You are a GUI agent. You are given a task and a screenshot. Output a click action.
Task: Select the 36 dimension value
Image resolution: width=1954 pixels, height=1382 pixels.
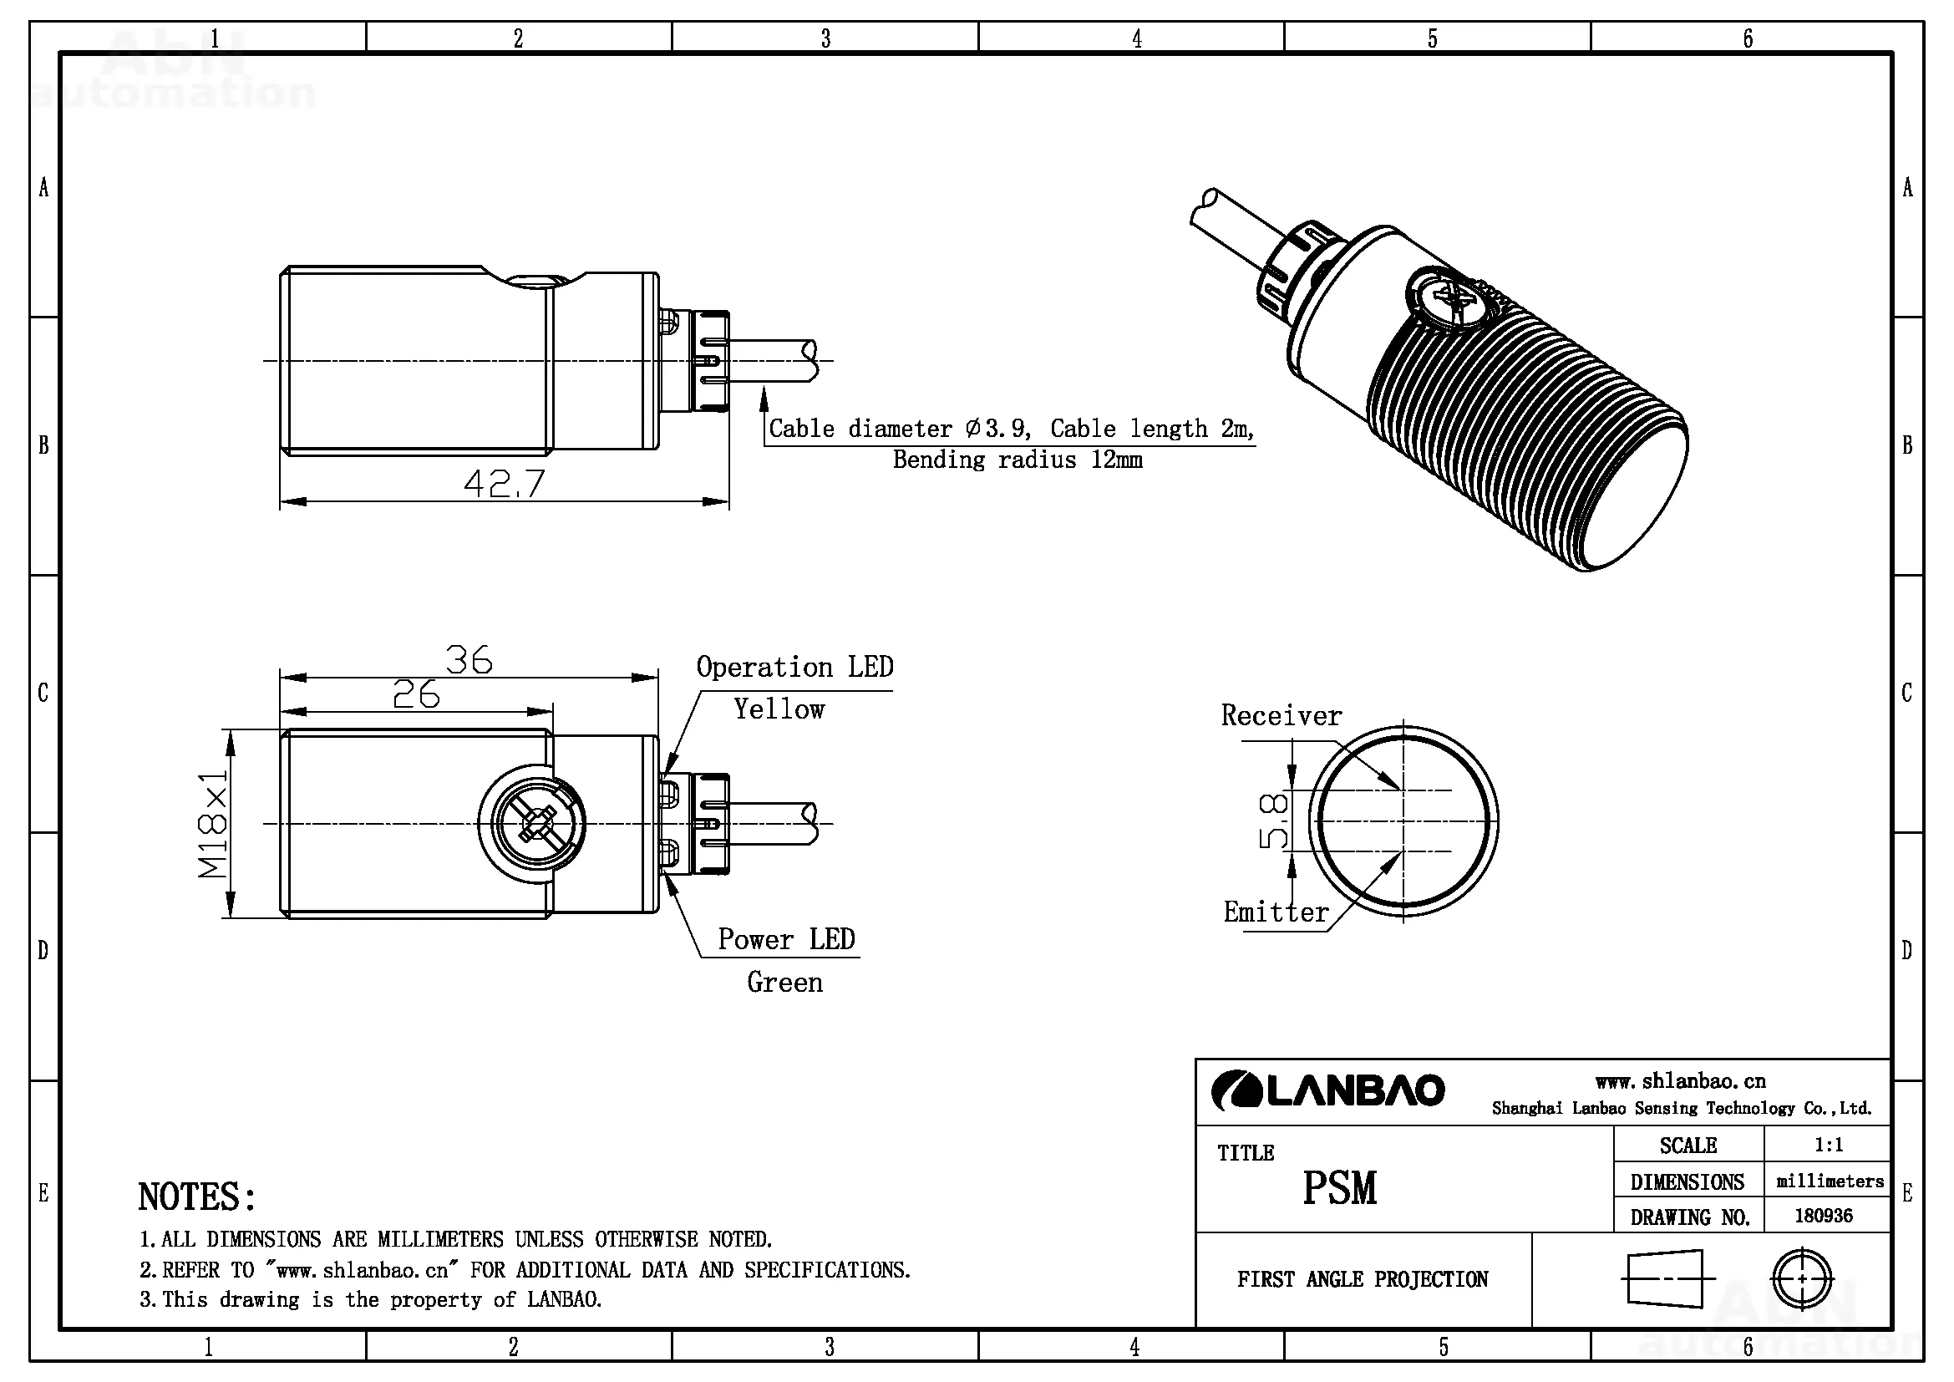pos(469,660)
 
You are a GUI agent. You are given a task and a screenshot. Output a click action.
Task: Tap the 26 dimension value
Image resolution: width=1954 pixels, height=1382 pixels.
pos(416,695)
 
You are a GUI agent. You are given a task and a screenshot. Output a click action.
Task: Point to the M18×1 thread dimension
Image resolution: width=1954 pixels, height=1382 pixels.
pos(213,823)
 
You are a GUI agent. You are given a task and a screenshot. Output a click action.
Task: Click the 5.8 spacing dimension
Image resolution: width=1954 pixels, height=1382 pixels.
pos(1272,821)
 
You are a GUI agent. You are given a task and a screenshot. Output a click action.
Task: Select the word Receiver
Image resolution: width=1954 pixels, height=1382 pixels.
pos(1281,716)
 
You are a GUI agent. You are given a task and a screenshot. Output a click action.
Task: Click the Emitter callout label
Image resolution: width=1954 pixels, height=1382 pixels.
pos(1276,912)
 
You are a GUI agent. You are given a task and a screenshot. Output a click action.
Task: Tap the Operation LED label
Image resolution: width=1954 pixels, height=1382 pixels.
pos(794,667)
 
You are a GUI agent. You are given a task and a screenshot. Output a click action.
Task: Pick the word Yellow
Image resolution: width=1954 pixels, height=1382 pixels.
pos(779,709)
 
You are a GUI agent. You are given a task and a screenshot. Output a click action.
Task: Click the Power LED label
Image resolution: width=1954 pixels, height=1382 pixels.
pos(785,939)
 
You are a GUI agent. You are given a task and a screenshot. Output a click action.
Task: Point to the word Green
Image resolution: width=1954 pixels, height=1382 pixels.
pos(784,983)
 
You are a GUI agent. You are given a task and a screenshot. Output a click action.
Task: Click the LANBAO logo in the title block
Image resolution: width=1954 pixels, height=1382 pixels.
pos(1327,1090)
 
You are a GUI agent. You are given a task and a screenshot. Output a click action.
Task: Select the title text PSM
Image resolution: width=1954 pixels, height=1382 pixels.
pos(1339,1188)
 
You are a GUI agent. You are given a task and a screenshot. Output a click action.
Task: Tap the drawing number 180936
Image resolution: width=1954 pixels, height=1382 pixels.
pos(1823,1215)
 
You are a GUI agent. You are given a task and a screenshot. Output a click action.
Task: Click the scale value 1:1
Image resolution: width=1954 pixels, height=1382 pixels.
pos(1828,1145)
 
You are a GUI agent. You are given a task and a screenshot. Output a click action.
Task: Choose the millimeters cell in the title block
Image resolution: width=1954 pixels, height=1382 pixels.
pos(1830,1181)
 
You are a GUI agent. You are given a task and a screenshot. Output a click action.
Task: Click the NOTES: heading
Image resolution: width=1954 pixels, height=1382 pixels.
pos(196,1197)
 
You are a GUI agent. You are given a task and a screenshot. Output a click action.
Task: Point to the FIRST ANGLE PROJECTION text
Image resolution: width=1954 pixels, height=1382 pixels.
pos(1363,1280)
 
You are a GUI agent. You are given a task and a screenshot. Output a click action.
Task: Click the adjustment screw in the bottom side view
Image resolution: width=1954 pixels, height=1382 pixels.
pos(533,824)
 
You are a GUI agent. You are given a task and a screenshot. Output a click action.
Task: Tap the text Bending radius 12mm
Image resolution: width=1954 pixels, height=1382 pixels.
pos(1017,460)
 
